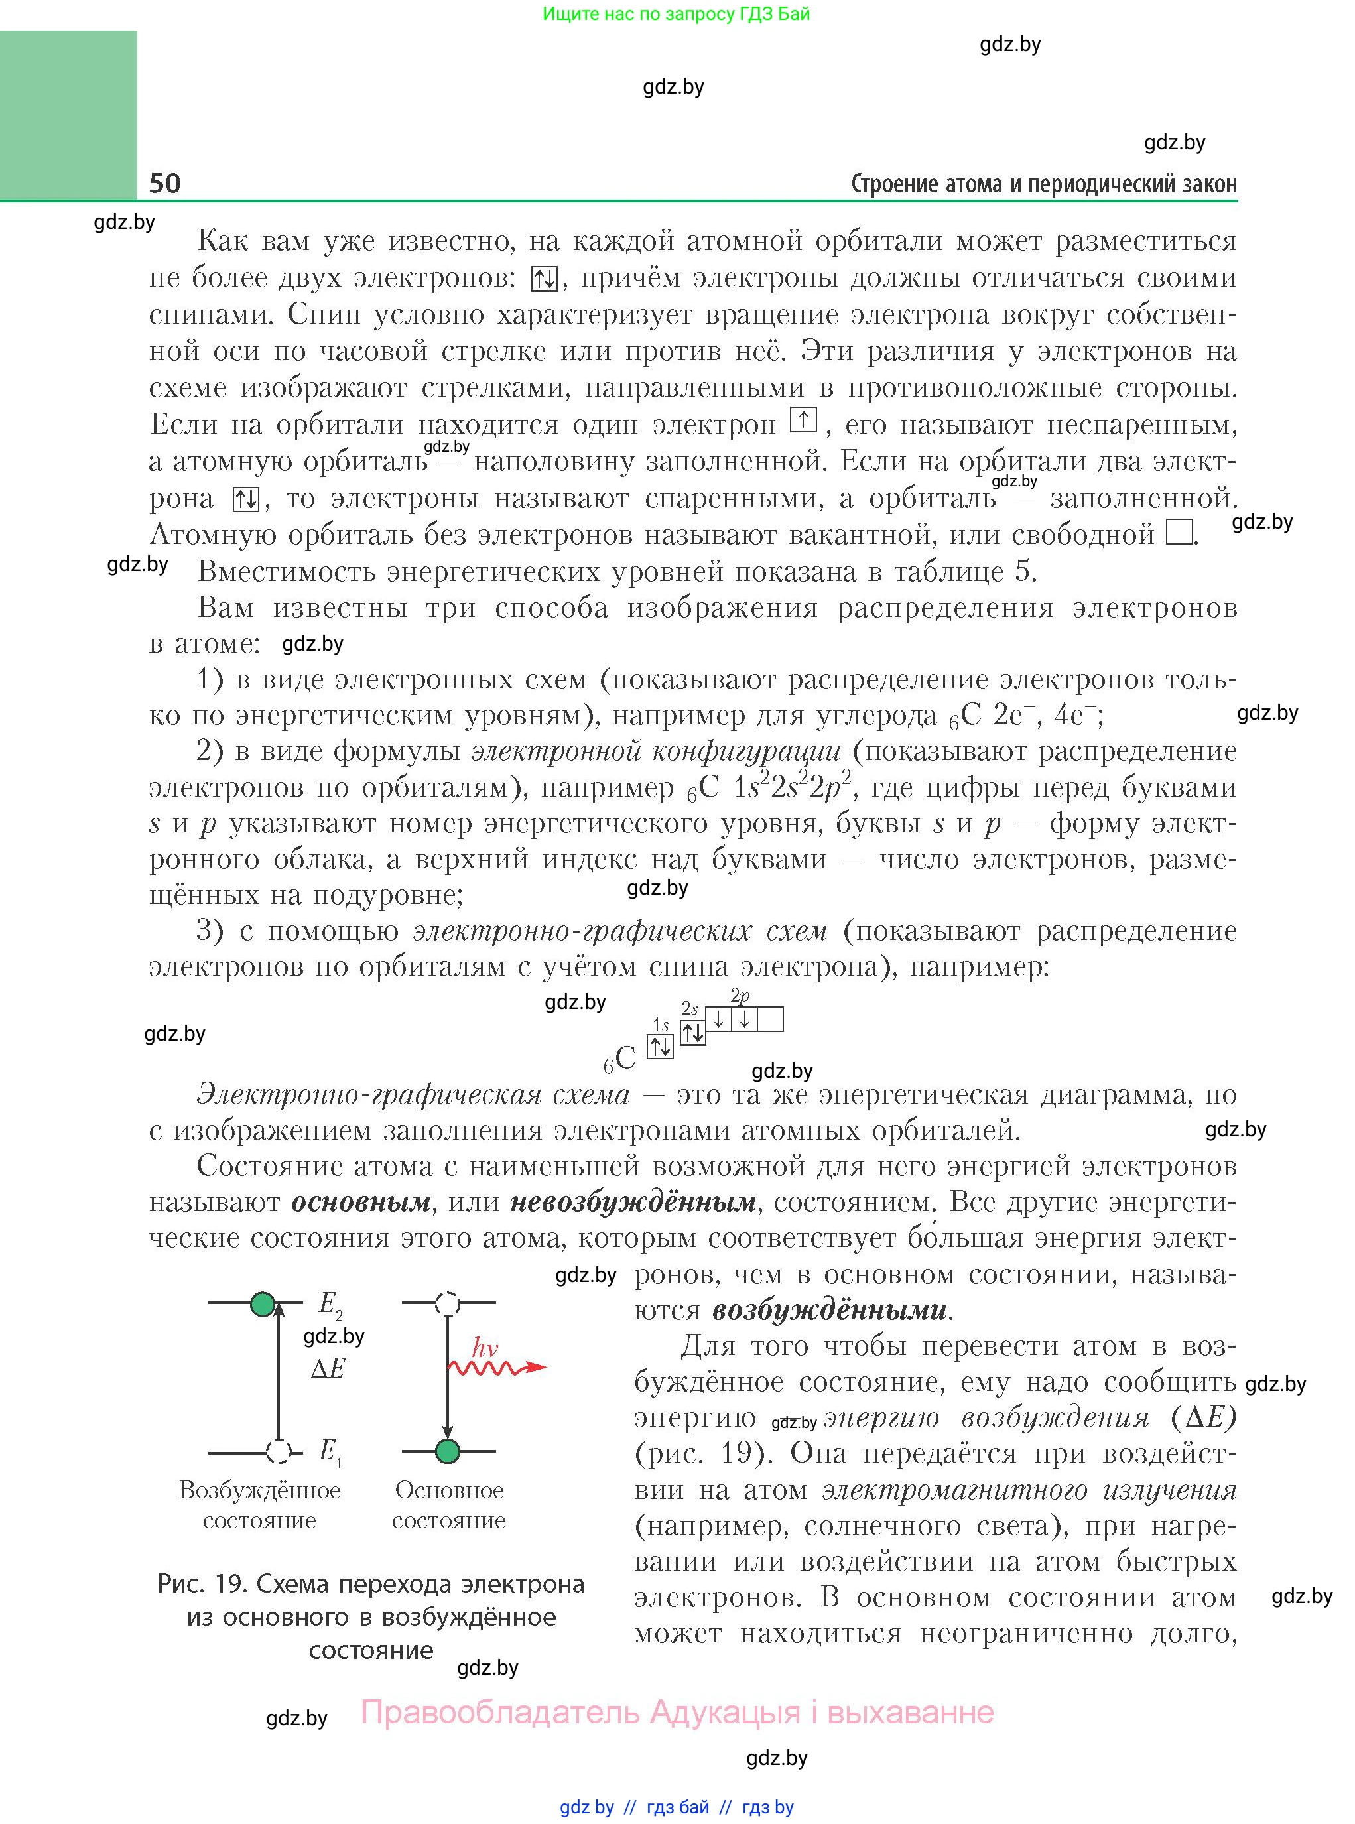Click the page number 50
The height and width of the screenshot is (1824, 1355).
pyautogui.click(x=165, y=183)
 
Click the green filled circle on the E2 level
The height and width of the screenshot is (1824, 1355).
pyautogui.click(x=263, y=1303)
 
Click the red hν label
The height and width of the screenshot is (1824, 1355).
pyautogui.click(x=485, y=1348)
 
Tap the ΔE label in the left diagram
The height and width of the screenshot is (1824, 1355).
pyautogui.click(x=328, y=1368)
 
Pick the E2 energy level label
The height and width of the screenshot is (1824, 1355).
pyautogui.click(x=330, y=1303)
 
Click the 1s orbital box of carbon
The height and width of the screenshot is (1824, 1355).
pyautogui.click(x=661, y=1047)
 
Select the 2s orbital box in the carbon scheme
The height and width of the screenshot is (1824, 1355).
pyautogui.click(x=693, y=1033)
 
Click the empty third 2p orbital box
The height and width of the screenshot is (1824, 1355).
pyautogui.click(x=770, y=1019)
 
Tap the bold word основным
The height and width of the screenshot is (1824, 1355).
pyautogui.click(x=361, y=1203)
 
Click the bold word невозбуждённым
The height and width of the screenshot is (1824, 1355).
pyautogui.click(x=633, y=1203)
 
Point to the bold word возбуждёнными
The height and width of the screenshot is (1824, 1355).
pyautogui.click(x=829, y=1311)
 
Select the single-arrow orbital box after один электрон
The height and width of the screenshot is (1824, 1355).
pyautogui.click(x=803, y=420)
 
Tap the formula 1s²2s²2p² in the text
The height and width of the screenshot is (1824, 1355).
pyautogui.click(x=791, y=787)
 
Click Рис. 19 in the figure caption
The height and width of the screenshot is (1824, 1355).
pyautogui.click(x=202, y=1584)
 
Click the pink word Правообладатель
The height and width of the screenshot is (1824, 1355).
pyautogui.click(x=500, y=1712)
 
